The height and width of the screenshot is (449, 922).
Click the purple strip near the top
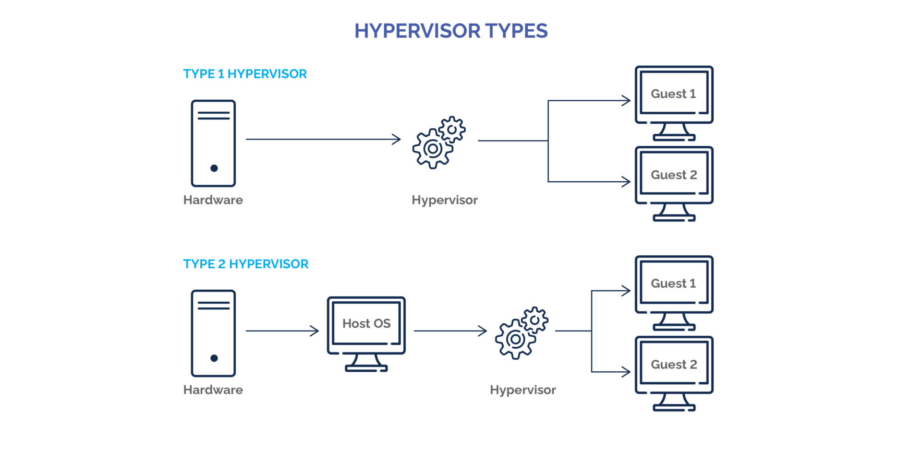click(x=461, y=30)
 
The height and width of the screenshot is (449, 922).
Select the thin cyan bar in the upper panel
click(x=317, y=73)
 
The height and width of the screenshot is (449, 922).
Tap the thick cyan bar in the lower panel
click(x=317, y=268)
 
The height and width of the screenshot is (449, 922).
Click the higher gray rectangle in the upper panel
click(x=678, y=100)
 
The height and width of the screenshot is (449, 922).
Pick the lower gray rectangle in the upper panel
click(x=678, y=181)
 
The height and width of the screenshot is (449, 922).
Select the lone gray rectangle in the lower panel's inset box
click(x=370, y=330)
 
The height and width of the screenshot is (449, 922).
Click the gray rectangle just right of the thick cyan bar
click(x=678, y=290)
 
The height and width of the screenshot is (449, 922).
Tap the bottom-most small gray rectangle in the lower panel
click(x=678, y=370)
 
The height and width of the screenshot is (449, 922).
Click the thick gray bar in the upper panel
click(x=409, y=201)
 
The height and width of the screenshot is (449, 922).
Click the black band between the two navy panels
click(x=461, y=238)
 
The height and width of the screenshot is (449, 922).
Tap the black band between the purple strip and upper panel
click(x=461, y=52)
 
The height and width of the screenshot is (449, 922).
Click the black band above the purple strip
click(x=461, y=11)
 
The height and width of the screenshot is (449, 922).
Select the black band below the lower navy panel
click(x=461, y=430)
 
